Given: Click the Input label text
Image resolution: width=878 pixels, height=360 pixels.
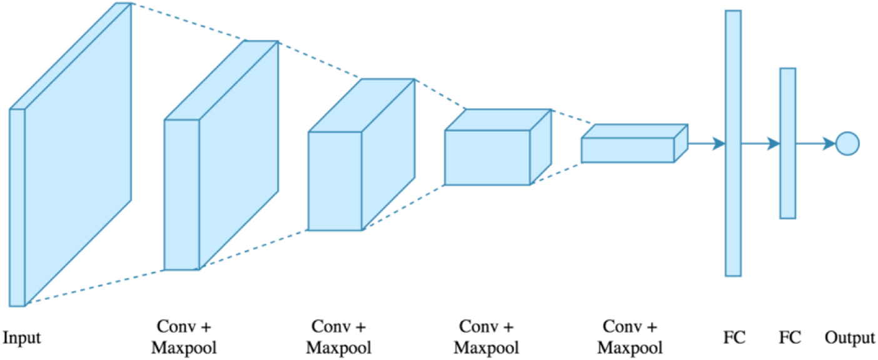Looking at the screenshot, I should point(22,338).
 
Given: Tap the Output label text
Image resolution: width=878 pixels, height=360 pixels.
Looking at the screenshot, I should point(849,338).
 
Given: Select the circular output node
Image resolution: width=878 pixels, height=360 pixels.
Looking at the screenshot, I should point(847,144).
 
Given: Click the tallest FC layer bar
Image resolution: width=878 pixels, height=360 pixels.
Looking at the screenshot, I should point(733,144).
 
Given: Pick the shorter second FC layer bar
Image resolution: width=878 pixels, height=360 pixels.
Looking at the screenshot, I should point(787,144).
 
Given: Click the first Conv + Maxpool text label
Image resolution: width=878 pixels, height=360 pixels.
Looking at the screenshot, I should point(184,337).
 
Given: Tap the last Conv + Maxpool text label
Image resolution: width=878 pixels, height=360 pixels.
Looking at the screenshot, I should point(630,337).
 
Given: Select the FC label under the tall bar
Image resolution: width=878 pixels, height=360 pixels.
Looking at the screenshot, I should point(733,338).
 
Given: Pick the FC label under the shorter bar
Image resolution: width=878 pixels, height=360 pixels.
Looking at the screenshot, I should point(790,338).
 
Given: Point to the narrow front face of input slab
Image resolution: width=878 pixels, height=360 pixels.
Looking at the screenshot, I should point(17,206).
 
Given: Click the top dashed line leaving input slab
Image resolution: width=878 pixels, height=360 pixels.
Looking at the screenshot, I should point(188,22).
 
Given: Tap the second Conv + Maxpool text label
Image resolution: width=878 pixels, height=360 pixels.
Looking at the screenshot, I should point(338,337).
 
